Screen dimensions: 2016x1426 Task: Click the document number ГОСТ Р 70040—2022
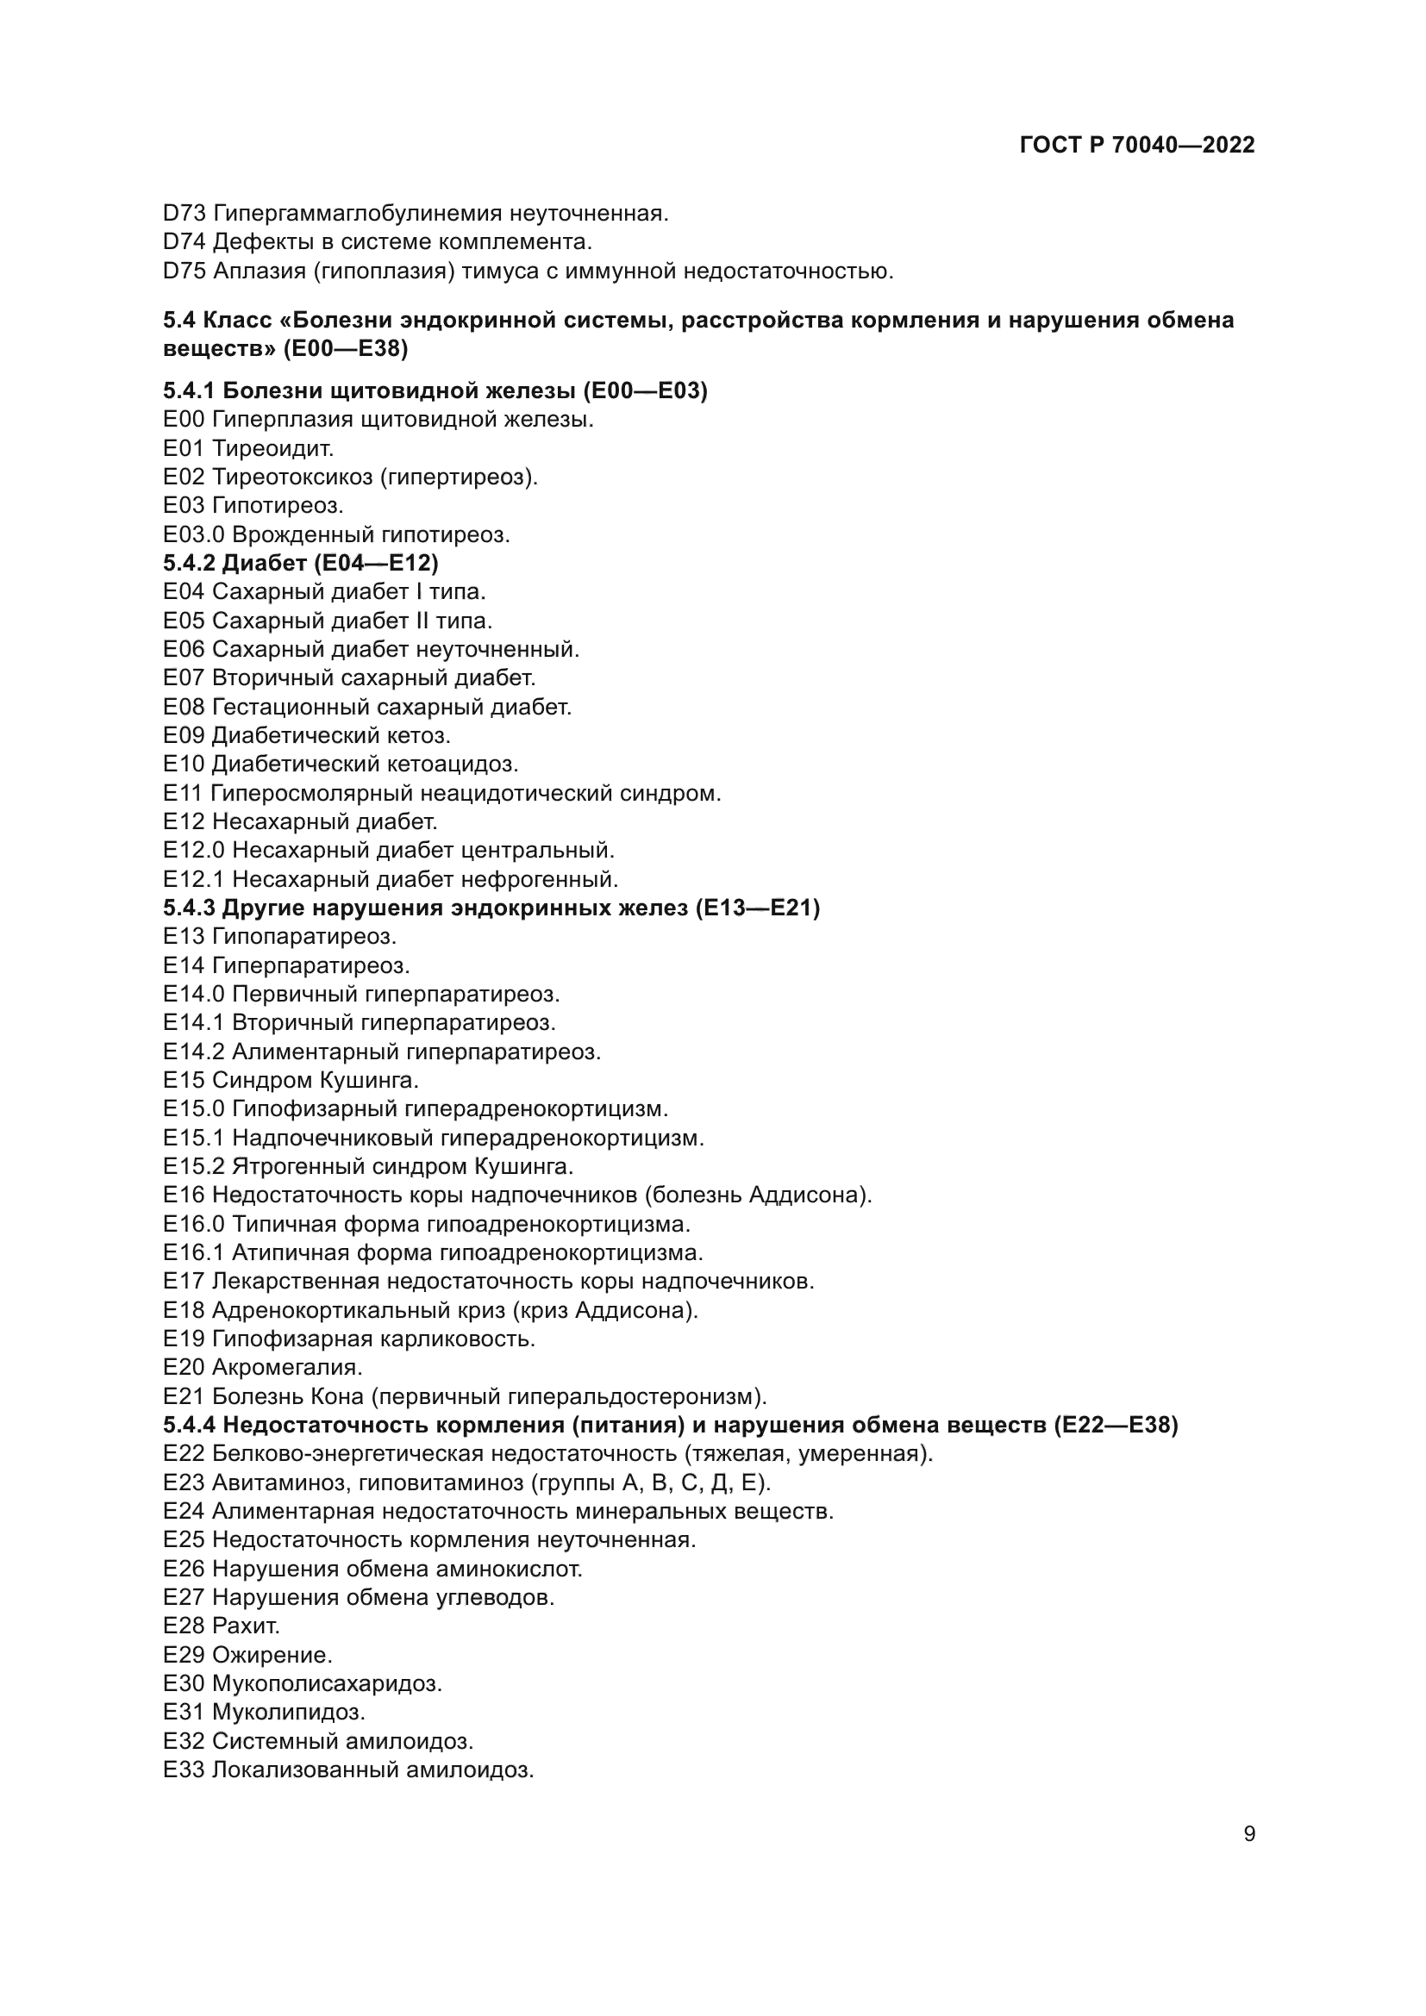(1137, 145)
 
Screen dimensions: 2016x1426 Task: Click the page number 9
(1249, 1834)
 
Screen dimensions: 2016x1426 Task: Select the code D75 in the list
(185, 272)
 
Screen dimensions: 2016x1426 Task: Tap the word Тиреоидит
(272, 449)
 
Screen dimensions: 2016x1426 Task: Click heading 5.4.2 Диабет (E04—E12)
(301, 563)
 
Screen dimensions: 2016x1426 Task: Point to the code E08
(185, 707)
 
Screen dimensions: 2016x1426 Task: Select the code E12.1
(194, 879)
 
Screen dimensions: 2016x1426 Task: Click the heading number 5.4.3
(189, 908)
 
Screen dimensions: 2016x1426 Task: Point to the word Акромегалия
(286, 1367)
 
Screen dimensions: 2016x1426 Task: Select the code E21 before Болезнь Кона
(185, 1396)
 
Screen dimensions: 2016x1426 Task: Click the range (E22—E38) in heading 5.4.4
(1115, 1425)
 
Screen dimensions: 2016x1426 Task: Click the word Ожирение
(272, 1655)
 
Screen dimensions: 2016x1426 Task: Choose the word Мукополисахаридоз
(327, 1684)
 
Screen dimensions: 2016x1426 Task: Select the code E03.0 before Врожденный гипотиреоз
(194, 534)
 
